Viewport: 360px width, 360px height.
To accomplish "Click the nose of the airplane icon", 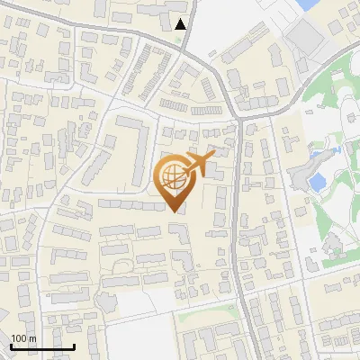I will [x=213, y=157].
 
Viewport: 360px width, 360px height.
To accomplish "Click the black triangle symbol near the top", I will [x=182, y=24].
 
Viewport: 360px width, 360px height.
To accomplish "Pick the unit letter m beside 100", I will [x=32, y=338].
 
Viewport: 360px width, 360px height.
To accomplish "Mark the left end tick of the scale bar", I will [x=11, y=345].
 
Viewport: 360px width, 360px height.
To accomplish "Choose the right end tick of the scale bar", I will [x=74, y=345].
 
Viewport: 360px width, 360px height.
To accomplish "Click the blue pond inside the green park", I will [x=317, y=182].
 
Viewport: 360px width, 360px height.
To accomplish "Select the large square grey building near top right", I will [x=307, y=35].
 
